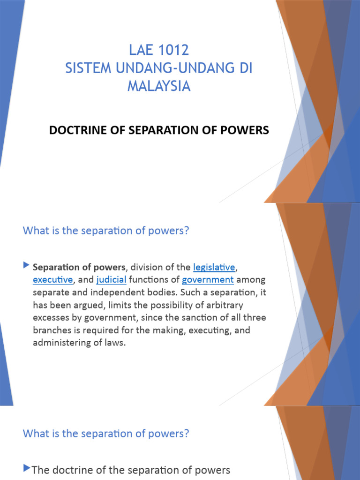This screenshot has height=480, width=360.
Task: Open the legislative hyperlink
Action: click(214, 267)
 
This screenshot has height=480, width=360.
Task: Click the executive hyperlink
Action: click(52, 280)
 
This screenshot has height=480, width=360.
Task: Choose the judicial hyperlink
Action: click(112, 280)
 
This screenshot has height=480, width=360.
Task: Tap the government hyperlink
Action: click(208, 280)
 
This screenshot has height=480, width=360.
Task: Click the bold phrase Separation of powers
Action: click(79, 267)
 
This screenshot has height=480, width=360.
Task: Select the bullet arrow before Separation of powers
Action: click(26, 266)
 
